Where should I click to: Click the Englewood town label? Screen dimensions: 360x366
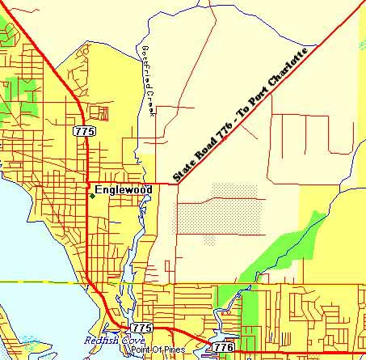[x=124, y=189]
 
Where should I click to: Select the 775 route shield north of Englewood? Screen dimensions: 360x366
[x=82, y=131]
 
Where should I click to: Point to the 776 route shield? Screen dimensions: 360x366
[x=224, y=346]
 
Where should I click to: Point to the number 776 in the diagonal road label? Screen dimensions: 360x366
[x=229, y=122]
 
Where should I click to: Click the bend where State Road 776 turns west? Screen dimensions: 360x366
[x=178, y=183]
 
